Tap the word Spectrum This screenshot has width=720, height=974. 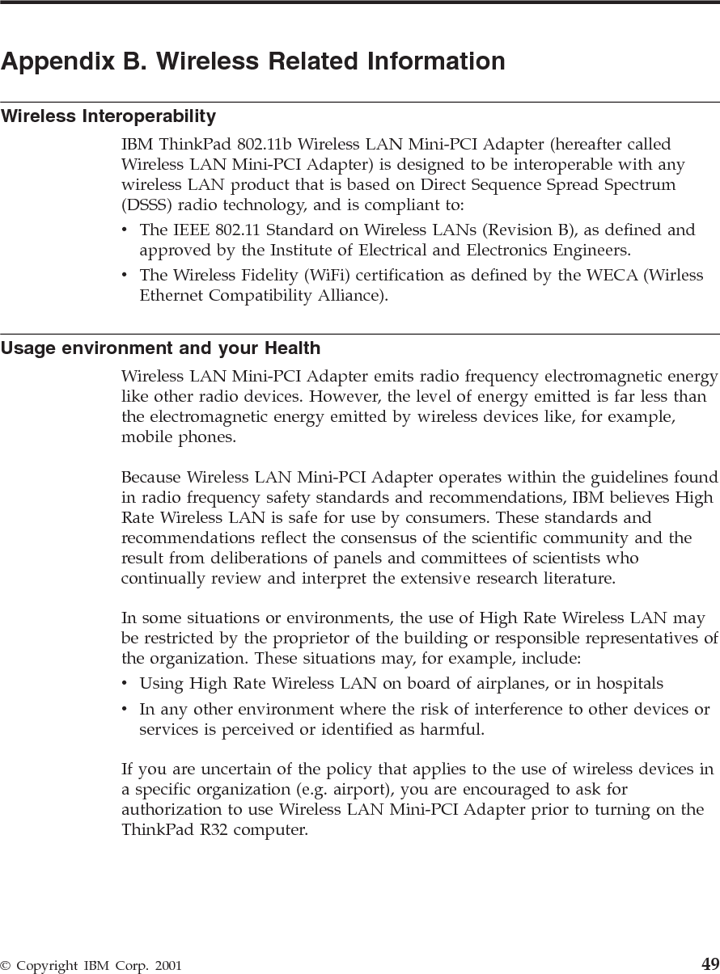coord(637,185)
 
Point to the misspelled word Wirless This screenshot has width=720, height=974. coord(675,276)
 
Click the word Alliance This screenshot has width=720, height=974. coord(349,296)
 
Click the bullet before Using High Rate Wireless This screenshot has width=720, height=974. coord(125,684)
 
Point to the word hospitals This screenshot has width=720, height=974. coord(629,684)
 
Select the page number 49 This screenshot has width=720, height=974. coord(709,963)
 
